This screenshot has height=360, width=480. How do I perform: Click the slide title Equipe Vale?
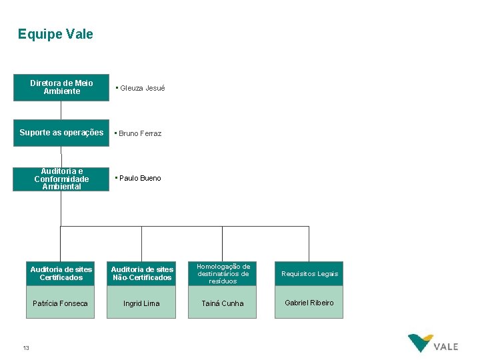55,34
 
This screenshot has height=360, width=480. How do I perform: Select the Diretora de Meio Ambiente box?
61,87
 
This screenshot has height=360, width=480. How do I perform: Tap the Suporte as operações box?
61,133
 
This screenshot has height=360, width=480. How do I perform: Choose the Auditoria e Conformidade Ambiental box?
61,179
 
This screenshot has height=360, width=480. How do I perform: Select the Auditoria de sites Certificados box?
61,273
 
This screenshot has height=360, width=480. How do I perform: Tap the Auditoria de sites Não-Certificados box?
142,273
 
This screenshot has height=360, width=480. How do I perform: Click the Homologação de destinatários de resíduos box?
223,273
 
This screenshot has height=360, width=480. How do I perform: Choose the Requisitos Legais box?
309,273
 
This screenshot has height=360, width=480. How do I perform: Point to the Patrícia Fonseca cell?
61,303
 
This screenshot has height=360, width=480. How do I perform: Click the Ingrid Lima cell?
142,303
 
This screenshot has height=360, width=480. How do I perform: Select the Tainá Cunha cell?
223,303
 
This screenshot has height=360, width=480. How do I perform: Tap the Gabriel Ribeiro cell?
309,303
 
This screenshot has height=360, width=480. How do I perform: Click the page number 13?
26,347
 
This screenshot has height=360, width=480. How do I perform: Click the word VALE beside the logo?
446,347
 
